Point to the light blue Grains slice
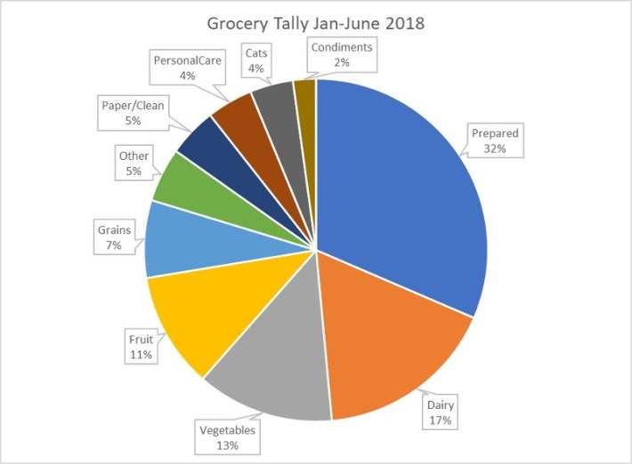tap(182, 240)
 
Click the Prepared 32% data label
tap(495, 141)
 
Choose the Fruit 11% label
tap(140, 347)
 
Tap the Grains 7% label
tap(114, 236)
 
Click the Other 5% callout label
tap(134, 163)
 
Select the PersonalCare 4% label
tap(188, 68)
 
